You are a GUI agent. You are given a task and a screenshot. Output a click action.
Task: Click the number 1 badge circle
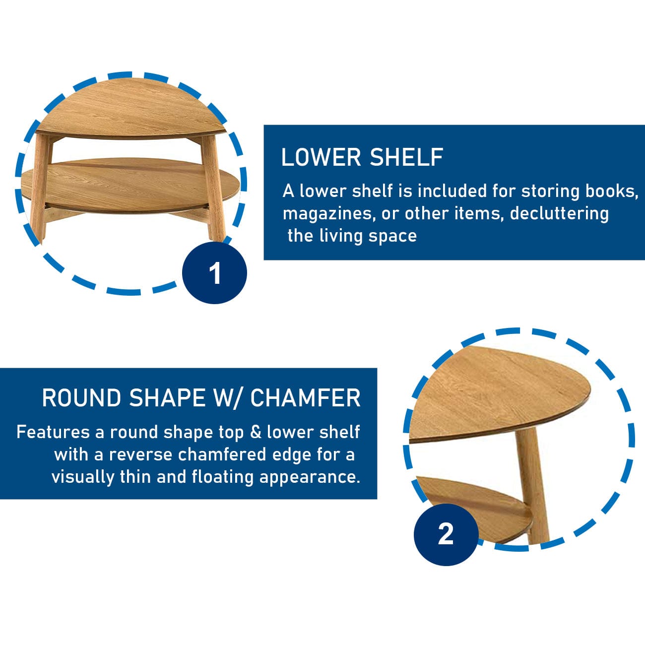pyautogui.click(x=214, y=272)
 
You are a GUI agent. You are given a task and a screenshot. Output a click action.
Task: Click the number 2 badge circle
pyautogui.click(x=446, y=534)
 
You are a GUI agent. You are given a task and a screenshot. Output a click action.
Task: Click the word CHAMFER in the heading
pyautogui.click(x=305, y=398)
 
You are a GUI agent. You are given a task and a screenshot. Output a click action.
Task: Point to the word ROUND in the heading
pyautogui.click(x=81, y=398)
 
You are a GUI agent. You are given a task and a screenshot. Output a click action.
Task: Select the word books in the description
pyautogui.click(x=612, y=192)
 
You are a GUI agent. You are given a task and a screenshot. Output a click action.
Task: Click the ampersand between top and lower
pyautogui.click(x=255, y=432)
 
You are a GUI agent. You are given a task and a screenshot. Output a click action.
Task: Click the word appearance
pyautogui.click(x=310, y=478)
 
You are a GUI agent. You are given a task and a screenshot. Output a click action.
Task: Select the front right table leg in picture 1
pyautogui.click(x=214, y=188)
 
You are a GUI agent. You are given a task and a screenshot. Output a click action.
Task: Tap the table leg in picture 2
pyautogui.click(x=531, y=489)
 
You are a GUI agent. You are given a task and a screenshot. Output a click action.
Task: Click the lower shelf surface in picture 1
pyautogui.click(x=130, y=184)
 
